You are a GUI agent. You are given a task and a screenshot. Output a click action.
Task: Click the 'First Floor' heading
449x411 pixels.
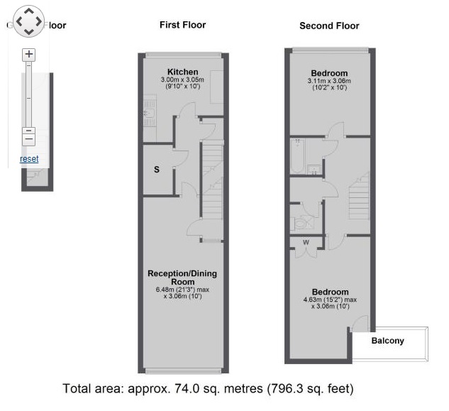pos(182,25)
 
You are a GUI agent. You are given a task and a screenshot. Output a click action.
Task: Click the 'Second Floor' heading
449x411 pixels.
pos(329,26)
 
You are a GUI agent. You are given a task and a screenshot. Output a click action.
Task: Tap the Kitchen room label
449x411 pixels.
pos(182,71)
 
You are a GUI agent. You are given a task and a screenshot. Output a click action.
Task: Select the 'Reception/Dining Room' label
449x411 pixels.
pos(182,278)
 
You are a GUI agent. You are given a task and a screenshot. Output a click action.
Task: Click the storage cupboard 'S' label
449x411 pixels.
pos(157,169)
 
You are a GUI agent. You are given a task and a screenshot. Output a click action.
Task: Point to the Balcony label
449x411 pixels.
pos(388,341)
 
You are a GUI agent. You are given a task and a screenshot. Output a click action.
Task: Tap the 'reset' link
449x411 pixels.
pos(29,159)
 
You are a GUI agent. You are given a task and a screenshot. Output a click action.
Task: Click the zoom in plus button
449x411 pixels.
pos(28,54)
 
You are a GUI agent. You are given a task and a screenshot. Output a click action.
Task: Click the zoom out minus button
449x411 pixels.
pos(28,131)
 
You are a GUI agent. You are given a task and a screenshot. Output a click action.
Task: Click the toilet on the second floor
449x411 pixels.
pos(300,223)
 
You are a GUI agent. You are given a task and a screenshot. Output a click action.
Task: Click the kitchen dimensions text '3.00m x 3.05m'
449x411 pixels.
pos(182,80)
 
